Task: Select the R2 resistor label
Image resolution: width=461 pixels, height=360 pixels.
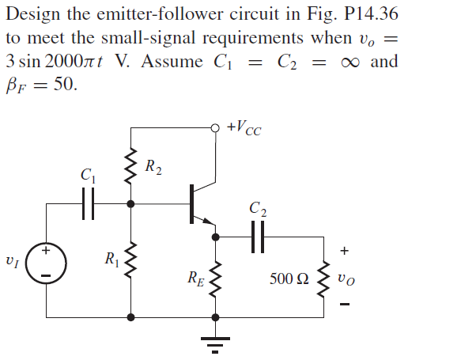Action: pyautogui.click(x=155, y=168)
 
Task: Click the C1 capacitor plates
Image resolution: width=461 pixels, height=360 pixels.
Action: pyautogui.click(x=88, y=203)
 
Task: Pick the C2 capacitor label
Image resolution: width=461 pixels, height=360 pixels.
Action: pyautogui.click(x=257, y=210)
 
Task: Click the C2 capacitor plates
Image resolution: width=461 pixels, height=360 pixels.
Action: pyautogui.click(x=258, y=236)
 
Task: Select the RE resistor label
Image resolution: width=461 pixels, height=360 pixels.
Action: pyautogui.click(x=195, y=277)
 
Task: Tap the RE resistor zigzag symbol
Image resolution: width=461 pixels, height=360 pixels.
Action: pyautogui.click(x=215, y=277)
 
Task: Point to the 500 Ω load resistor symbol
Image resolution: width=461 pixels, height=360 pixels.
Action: pyautogui.click(x=323, y=276)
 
